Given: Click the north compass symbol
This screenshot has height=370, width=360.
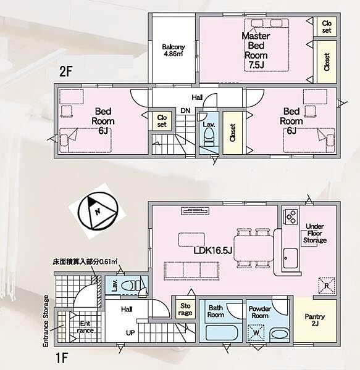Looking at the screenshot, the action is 98,212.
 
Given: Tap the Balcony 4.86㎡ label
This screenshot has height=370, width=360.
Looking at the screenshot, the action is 174,50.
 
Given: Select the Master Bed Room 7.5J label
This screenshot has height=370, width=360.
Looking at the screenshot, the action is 256,51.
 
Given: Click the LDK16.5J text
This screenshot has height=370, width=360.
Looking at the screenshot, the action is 213,250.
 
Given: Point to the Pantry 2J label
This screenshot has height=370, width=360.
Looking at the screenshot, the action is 315,319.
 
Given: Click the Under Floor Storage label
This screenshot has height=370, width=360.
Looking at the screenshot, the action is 315,233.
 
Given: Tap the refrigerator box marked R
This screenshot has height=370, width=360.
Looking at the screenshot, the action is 327,286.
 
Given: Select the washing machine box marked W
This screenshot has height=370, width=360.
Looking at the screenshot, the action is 256,333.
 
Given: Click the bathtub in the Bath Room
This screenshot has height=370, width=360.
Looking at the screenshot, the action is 221,333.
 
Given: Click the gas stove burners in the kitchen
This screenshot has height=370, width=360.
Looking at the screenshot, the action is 291,217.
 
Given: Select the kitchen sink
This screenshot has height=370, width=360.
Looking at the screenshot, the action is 290,258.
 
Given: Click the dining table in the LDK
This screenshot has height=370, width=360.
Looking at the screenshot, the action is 253,249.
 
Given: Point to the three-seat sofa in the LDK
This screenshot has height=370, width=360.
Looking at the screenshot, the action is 191,269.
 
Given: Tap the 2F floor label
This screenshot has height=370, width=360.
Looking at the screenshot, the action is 65,72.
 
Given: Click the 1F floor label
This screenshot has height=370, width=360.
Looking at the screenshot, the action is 62,358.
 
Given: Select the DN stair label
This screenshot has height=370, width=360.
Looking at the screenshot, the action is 185,110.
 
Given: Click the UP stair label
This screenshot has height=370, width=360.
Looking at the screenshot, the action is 130,333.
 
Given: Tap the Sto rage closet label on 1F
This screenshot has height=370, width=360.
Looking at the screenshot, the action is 185,310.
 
